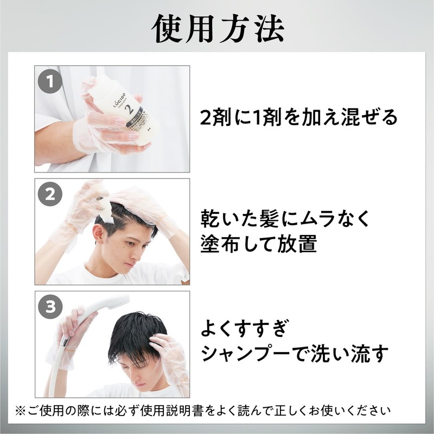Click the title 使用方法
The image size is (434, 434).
217,28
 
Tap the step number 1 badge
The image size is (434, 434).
50,82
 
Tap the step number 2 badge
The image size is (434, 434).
50,194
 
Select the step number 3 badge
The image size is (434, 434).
50,307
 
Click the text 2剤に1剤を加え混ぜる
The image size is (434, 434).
299,118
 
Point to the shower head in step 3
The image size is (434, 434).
111,304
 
